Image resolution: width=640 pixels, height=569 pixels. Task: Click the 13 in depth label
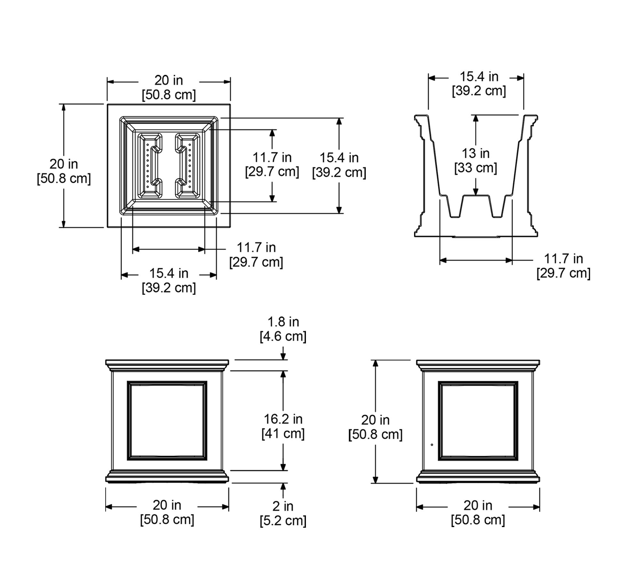[476, 154]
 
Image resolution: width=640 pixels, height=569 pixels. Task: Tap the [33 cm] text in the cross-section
[476, 168]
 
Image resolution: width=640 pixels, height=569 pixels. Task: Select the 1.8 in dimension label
[283, 322]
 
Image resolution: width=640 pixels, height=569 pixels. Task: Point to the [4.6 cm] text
[283, 336]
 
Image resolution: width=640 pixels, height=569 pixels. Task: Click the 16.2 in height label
[283, 419]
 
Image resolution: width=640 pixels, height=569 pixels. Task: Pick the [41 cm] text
[283, 434]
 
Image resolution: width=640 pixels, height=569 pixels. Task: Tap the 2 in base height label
[283, 506]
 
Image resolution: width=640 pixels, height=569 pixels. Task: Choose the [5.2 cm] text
[283, 521]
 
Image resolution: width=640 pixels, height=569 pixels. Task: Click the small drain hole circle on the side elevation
[432, 445]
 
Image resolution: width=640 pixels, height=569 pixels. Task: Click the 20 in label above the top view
[169, 80]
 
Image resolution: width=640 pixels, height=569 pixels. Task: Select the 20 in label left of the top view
[64, 164]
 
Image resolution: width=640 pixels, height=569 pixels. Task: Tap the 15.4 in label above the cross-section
[479, 77]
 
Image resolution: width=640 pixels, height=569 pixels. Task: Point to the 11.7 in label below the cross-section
[564, 259]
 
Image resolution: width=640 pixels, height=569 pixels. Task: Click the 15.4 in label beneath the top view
[169, 273]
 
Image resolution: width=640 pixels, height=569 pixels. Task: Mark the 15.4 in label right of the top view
[339, 158]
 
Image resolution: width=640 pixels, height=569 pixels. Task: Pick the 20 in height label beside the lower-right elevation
[375, 420]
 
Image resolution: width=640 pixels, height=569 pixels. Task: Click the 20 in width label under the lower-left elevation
[167, 505]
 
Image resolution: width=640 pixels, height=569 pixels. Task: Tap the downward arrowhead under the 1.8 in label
[283, 357]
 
